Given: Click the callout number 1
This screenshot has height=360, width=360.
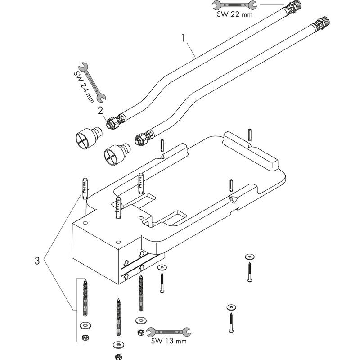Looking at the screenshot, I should pos(184,39).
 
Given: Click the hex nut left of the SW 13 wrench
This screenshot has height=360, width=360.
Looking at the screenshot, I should pos(139,332).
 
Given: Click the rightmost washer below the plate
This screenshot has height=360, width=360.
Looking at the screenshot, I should pos(249,256).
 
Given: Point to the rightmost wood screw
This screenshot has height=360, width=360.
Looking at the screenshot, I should pos(249,272).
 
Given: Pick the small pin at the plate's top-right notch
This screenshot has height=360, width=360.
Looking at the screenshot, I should pos(249,134).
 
